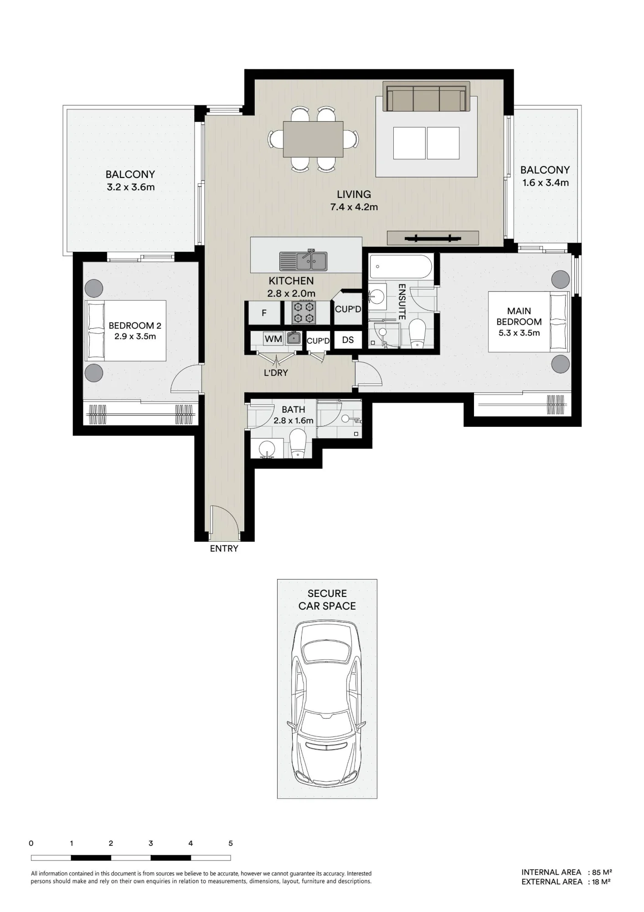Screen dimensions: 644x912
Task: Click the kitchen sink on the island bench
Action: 303,260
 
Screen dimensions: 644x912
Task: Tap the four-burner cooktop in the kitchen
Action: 304,312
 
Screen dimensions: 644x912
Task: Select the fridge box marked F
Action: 264,313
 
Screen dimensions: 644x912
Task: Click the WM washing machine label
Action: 273,339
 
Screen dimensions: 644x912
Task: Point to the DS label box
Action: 348,340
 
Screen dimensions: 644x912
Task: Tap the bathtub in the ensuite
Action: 401,267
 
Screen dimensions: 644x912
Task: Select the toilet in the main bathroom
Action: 299,445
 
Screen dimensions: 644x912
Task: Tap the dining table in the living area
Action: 313,139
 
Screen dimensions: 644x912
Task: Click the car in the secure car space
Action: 327,703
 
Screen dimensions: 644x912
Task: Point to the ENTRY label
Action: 224,549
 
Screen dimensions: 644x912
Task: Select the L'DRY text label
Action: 276,373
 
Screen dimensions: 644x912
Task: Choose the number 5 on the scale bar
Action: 231,843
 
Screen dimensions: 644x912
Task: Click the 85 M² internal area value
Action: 602,872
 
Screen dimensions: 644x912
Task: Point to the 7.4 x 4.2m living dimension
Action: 354,207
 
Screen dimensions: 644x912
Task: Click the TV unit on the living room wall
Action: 433,238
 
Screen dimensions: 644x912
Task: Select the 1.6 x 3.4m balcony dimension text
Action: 546,183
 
